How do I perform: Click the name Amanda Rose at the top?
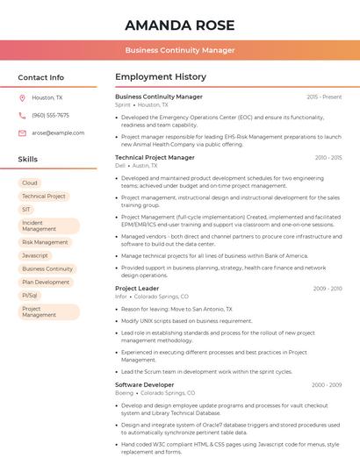(x=179, y=24)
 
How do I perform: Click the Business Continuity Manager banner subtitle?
(x=179, y=50)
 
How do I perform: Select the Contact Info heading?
(x=40, y=77)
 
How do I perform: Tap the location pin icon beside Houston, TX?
(x=22, y=98)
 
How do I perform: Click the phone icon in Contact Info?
(x=22, y=115)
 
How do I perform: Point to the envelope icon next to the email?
(x=22, y=132)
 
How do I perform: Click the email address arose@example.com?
(x=58, y=132)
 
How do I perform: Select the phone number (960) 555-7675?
(x=50, y=115)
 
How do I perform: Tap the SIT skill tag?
(x=26, y=210)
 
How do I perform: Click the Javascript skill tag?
(x=35, y=255)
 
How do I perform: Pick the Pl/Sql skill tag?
(x=30, y=296)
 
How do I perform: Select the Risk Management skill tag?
(x=45, y=242)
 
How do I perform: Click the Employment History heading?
(x=161, y=77)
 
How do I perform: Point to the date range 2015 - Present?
(x=324, y=97)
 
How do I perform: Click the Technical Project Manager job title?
(x=155, y=157)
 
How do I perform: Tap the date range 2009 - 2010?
(x=327, y=288)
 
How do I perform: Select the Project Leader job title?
(x=137, y=288)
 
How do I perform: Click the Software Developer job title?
(x=144, y=384)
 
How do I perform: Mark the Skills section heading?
(x=28, y=160)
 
